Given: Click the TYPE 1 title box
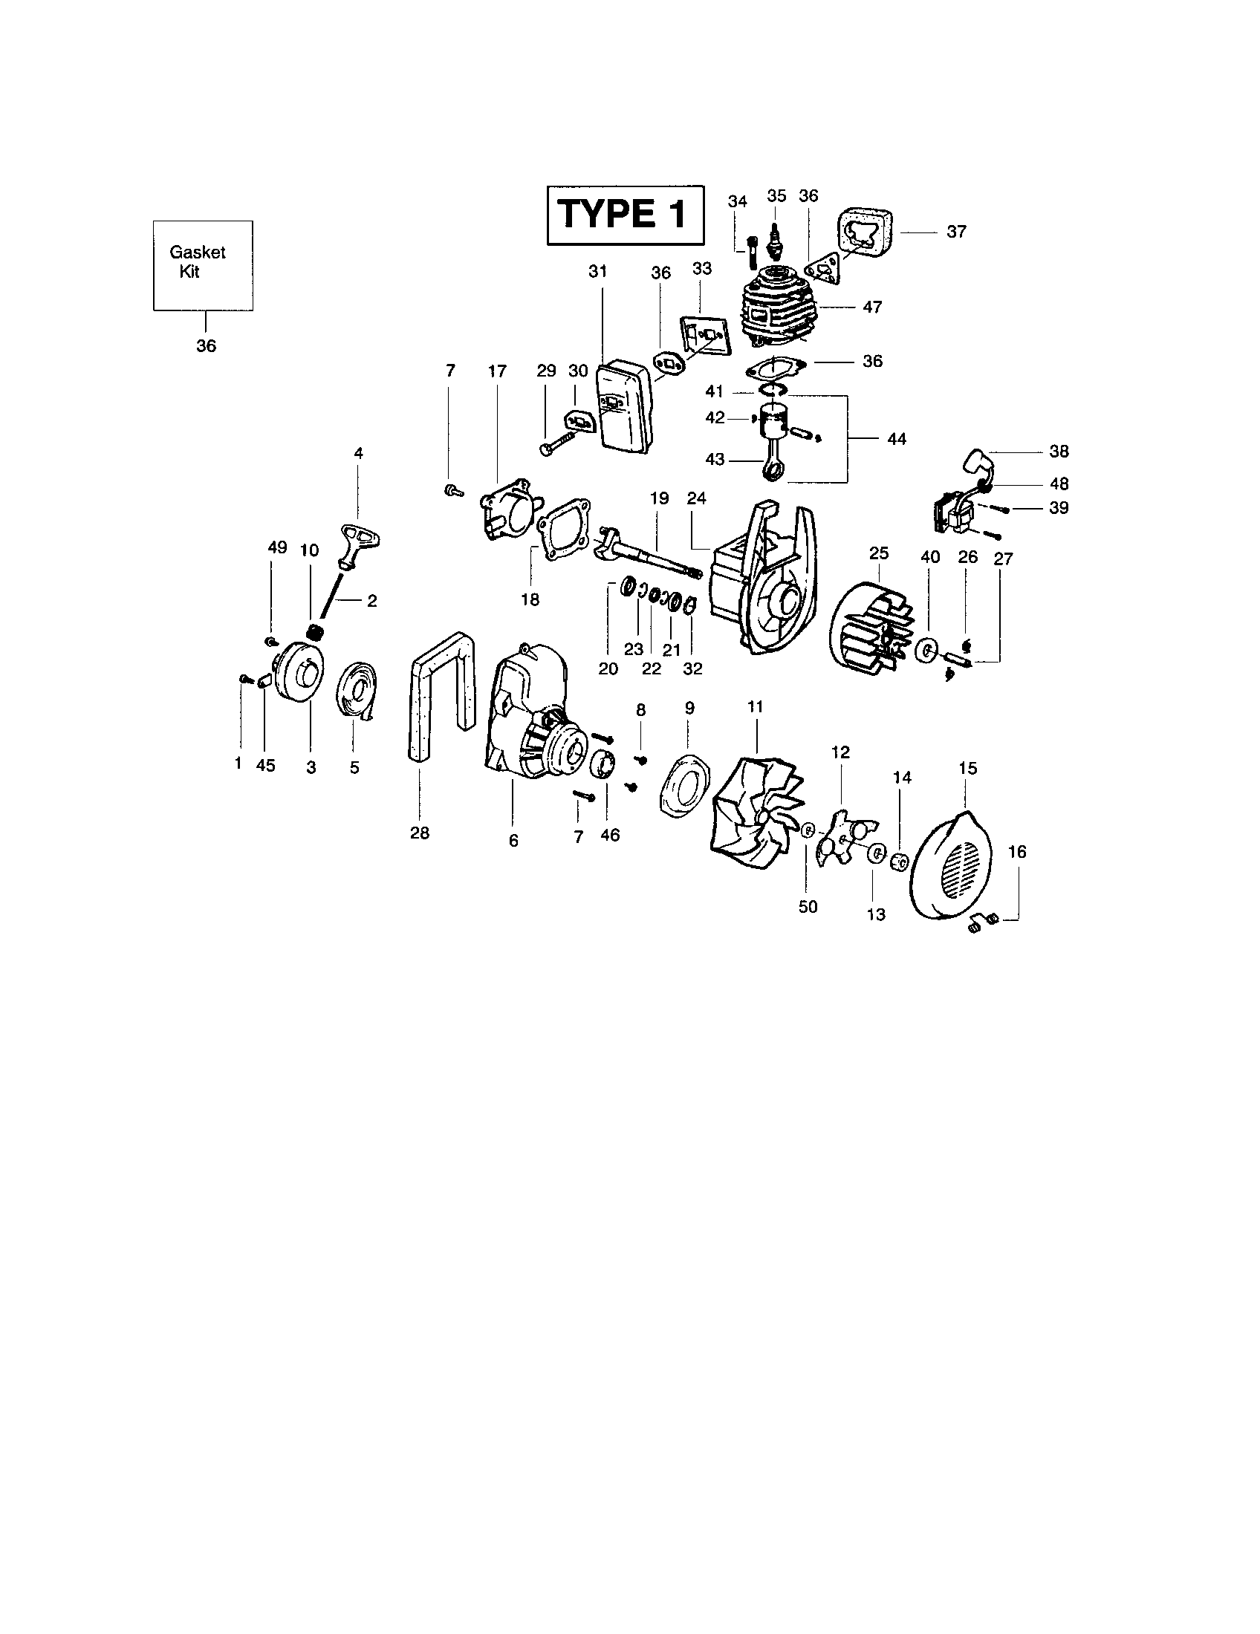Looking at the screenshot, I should click(x=625, y=215).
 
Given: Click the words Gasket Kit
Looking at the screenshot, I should click(x=198, y=262).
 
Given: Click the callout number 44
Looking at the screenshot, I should click(x=896, y=439).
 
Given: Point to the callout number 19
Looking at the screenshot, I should click(x=659, y=498).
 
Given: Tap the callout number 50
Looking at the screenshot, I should click(x=808, y=907).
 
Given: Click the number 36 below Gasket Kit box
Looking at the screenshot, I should click(x=206, y=345).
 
